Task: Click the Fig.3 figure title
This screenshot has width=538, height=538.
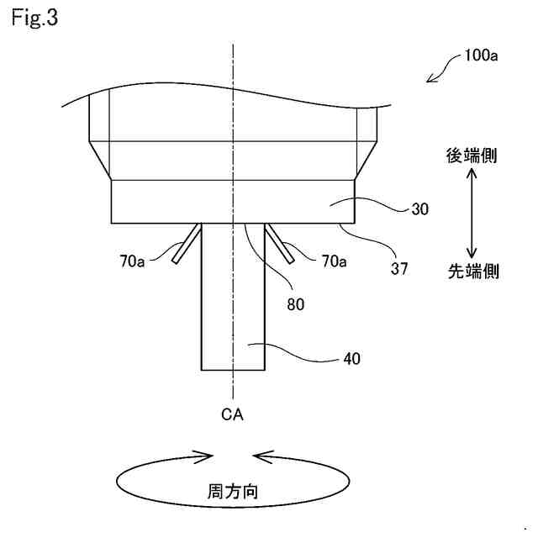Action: (x=34, y=18)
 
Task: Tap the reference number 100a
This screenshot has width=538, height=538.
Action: (x=482, y=57)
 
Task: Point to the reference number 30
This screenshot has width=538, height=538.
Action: (x=420, y=209)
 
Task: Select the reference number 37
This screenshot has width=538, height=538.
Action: (x=399, y=268)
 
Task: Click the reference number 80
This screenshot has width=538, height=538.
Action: (x=295, y=304)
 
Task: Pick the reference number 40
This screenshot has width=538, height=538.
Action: (x=352, y=358)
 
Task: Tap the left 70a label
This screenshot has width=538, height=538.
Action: (x=132, y=262)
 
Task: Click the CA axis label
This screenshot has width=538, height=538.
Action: (x=232, y=414)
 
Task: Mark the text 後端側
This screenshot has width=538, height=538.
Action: (x=472, y=155)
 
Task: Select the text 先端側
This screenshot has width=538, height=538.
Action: (x=472, y=272)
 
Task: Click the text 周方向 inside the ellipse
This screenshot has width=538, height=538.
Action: (x=232, y=491)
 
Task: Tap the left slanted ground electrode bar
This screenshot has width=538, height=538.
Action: (x=187, y=244)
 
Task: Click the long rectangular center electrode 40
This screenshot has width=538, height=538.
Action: (x=233, y=319)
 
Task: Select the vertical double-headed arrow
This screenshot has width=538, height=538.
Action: (x=472, y=213)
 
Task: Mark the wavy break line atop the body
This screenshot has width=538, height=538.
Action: (x=227, y=88)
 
